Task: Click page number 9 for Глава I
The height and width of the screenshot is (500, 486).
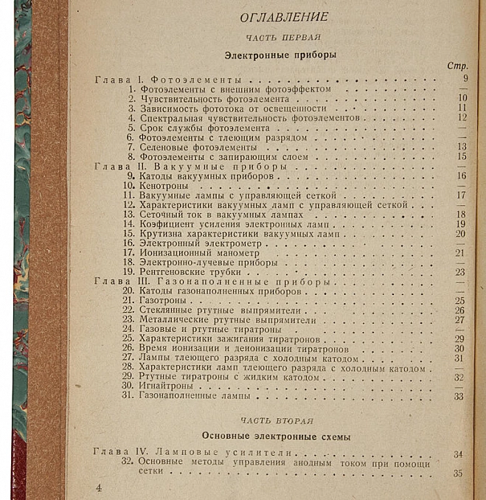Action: pyautogui.click(x=465, y=78)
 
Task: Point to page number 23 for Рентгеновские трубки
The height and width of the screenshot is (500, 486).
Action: pyautogui.click(x=460, y=271)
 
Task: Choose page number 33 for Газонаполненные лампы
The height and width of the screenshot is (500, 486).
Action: pyautogui.click(x=459, y=397)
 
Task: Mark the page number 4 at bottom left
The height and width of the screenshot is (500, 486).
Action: pyautogui.click(x=99, y=487)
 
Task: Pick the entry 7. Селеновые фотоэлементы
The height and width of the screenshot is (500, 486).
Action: pyautogui.click(x=187, y=147)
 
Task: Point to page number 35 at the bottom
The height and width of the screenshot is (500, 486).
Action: pyautogui.click(x=458, y=473)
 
